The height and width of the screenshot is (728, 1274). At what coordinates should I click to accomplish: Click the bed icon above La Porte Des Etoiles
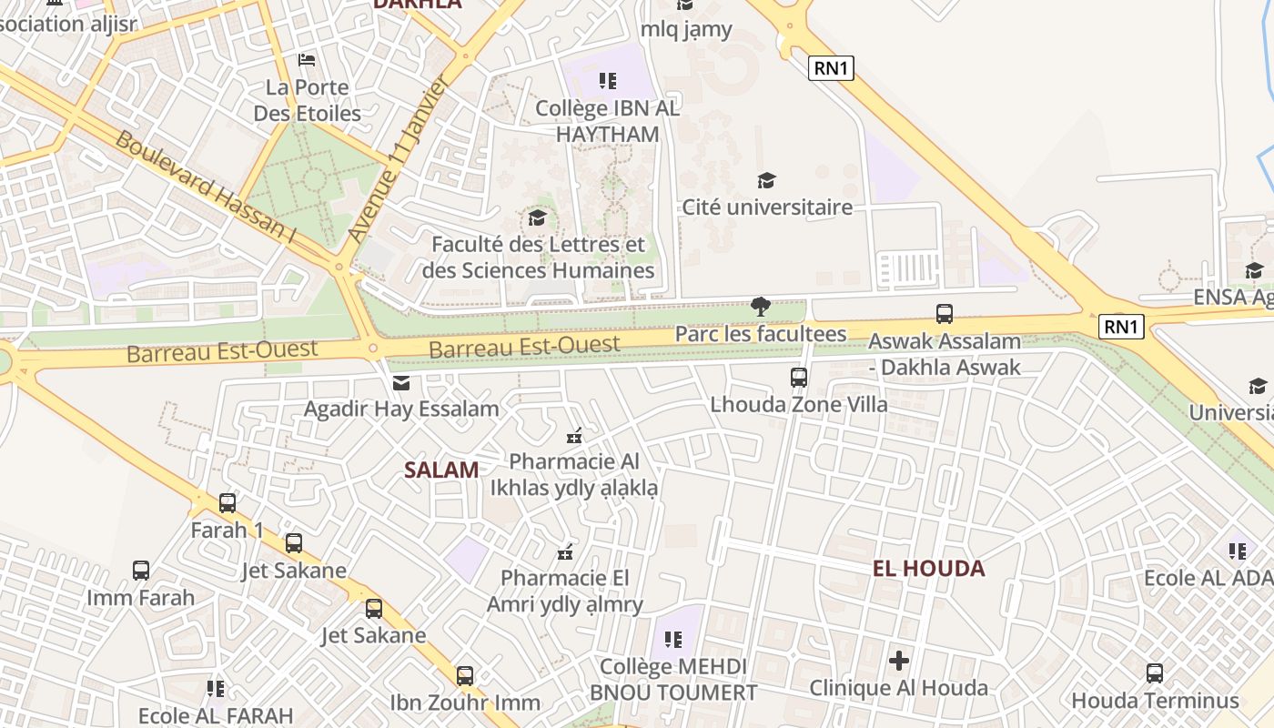click(x=307, y=60)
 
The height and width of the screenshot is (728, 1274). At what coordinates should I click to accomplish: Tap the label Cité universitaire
click(x=767, y=207)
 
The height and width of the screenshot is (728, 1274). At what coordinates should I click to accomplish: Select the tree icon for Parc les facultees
click(x=761, y=307)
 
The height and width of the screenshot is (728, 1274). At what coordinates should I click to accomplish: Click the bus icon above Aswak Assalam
click(x=945, y=314)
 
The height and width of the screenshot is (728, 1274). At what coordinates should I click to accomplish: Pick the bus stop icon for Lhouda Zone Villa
click(x=799, y=377)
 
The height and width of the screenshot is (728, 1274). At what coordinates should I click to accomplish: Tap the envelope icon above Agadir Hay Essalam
click(x=401, y=383)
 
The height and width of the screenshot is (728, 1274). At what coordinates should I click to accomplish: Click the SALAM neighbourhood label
click(x=441, y=470)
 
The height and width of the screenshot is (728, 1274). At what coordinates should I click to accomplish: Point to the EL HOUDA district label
click(x=928, y=569)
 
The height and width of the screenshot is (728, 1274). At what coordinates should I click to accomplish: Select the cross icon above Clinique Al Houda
click(x=899, y=661)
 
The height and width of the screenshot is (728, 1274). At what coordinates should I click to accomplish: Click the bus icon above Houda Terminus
click(x=1155, y=673)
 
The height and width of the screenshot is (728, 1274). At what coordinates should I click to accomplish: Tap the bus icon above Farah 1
click(x=227, y=502)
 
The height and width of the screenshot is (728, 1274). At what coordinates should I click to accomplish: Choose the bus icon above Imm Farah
click(x=141, y=571)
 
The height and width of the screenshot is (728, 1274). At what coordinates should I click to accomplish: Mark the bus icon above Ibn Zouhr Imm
click(x=465, y=675)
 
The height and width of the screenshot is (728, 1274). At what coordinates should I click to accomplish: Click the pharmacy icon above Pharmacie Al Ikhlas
click(x=574, y=436)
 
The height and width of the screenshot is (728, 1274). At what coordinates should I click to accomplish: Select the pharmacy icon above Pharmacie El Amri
click(x=565, y=551)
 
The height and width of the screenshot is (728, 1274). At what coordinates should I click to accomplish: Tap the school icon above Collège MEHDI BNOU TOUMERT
click(x=673, y=640)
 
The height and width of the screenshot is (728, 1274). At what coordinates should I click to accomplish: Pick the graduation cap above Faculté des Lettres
click(x=538, y=217)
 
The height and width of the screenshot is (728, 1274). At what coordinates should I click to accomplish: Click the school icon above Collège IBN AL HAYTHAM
click(x=608, y=81)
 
